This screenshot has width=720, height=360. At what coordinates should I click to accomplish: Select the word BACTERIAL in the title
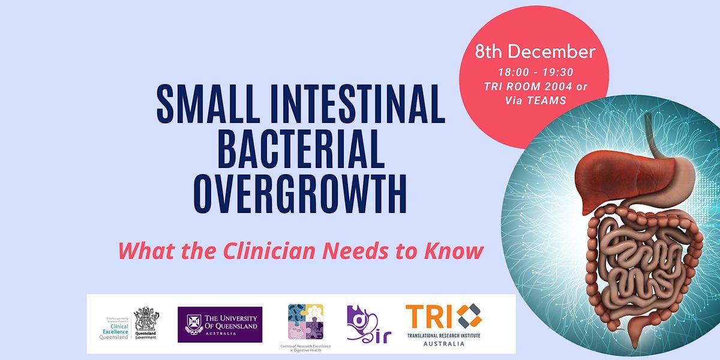301,149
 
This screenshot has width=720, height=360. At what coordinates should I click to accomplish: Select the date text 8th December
535,52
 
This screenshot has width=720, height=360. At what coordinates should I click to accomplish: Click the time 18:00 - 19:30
535,73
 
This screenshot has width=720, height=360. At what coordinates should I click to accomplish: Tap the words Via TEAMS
535,100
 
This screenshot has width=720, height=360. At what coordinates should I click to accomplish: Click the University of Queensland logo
220,324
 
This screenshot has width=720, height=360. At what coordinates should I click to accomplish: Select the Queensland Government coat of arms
146,320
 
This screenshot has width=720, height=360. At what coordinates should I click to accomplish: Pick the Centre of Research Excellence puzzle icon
305,322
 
